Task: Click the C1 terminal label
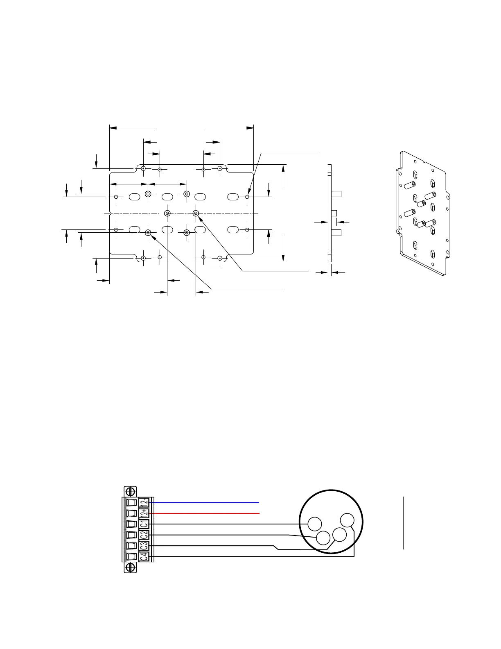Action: (144, 524)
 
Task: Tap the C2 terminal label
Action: (144, 535)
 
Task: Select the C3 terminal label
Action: (144, 546)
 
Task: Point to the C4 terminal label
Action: (144, 556)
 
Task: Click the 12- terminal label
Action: (144, 513)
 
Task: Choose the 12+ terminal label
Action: (144, 502)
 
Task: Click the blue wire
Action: (205, 502)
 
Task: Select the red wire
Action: (205, 513)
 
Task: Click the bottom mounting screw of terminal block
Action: (131, 567)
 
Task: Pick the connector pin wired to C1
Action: (315, 524)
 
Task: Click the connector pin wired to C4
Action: (348, 520)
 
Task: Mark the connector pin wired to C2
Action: (323, 538)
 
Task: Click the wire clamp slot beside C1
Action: (131, 524)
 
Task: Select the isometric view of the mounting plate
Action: (423, 213)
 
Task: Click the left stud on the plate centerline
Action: (167, 213)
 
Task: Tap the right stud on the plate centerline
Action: (196, 213)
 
